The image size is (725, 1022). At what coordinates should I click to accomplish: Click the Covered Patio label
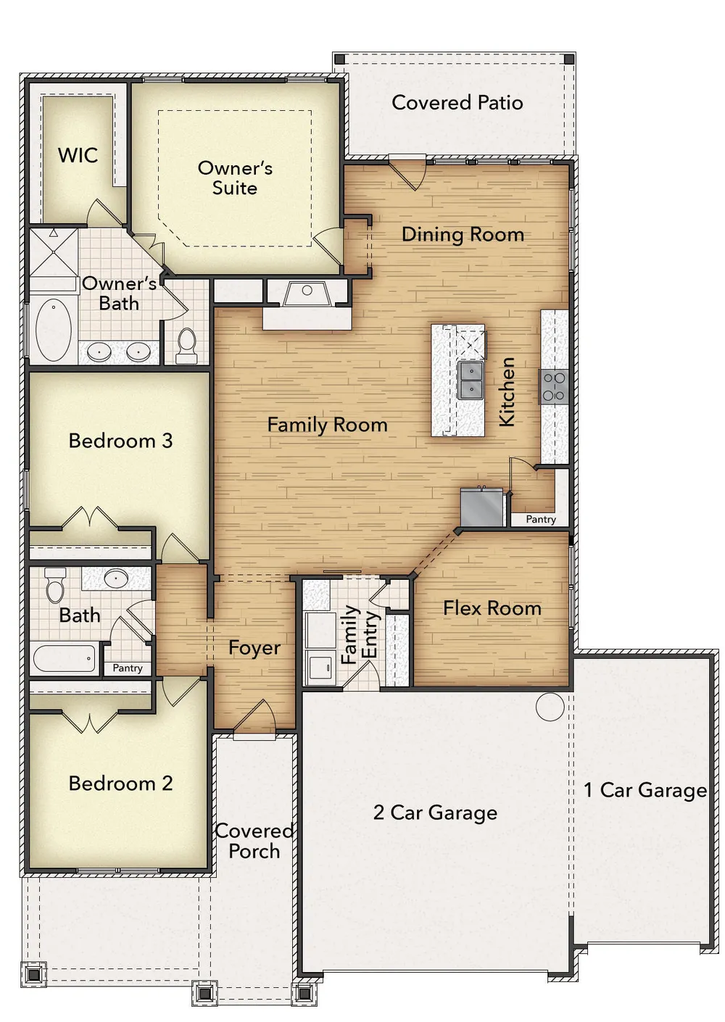click(457, 103)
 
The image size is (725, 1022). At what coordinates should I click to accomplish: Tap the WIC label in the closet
click(78, 155)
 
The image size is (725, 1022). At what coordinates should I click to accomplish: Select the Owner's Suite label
click(235, 178)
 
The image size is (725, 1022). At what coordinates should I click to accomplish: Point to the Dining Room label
click(463, 235)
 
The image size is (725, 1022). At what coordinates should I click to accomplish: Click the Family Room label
click(327, 425)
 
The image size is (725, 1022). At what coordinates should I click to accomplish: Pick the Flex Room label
click(492, 608)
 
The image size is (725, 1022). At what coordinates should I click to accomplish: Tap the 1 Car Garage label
click(645, 790)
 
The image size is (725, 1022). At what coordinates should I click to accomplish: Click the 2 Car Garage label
click(435, 813)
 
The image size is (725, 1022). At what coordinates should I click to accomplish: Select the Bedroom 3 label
click(121, 441)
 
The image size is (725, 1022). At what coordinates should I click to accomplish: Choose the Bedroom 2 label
click(121, 784)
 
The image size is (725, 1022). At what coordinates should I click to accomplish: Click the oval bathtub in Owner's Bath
click(54, 329)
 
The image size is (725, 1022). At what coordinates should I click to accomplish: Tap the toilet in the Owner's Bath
click(186, 346)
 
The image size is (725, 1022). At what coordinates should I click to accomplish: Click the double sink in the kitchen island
click(471, 380)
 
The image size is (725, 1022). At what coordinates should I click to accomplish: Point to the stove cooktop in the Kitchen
click(554, 386)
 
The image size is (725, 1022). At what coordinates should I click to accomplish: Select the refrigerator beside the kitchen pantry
click(482, 507)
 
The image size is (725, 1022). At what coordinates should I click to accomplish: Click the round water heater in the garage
click(550, 707)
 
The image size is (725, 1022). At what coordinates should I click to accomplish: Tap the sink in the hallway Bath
click(116, 579)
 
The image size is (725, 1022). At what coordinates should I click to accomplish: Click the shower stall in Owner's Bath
click(54, 253)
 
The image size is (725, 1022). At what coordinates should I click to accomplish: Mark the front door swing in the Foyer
click(255, 716)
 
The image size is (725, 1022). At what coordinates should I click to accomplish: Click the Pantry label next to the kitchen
click(541, 519)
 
